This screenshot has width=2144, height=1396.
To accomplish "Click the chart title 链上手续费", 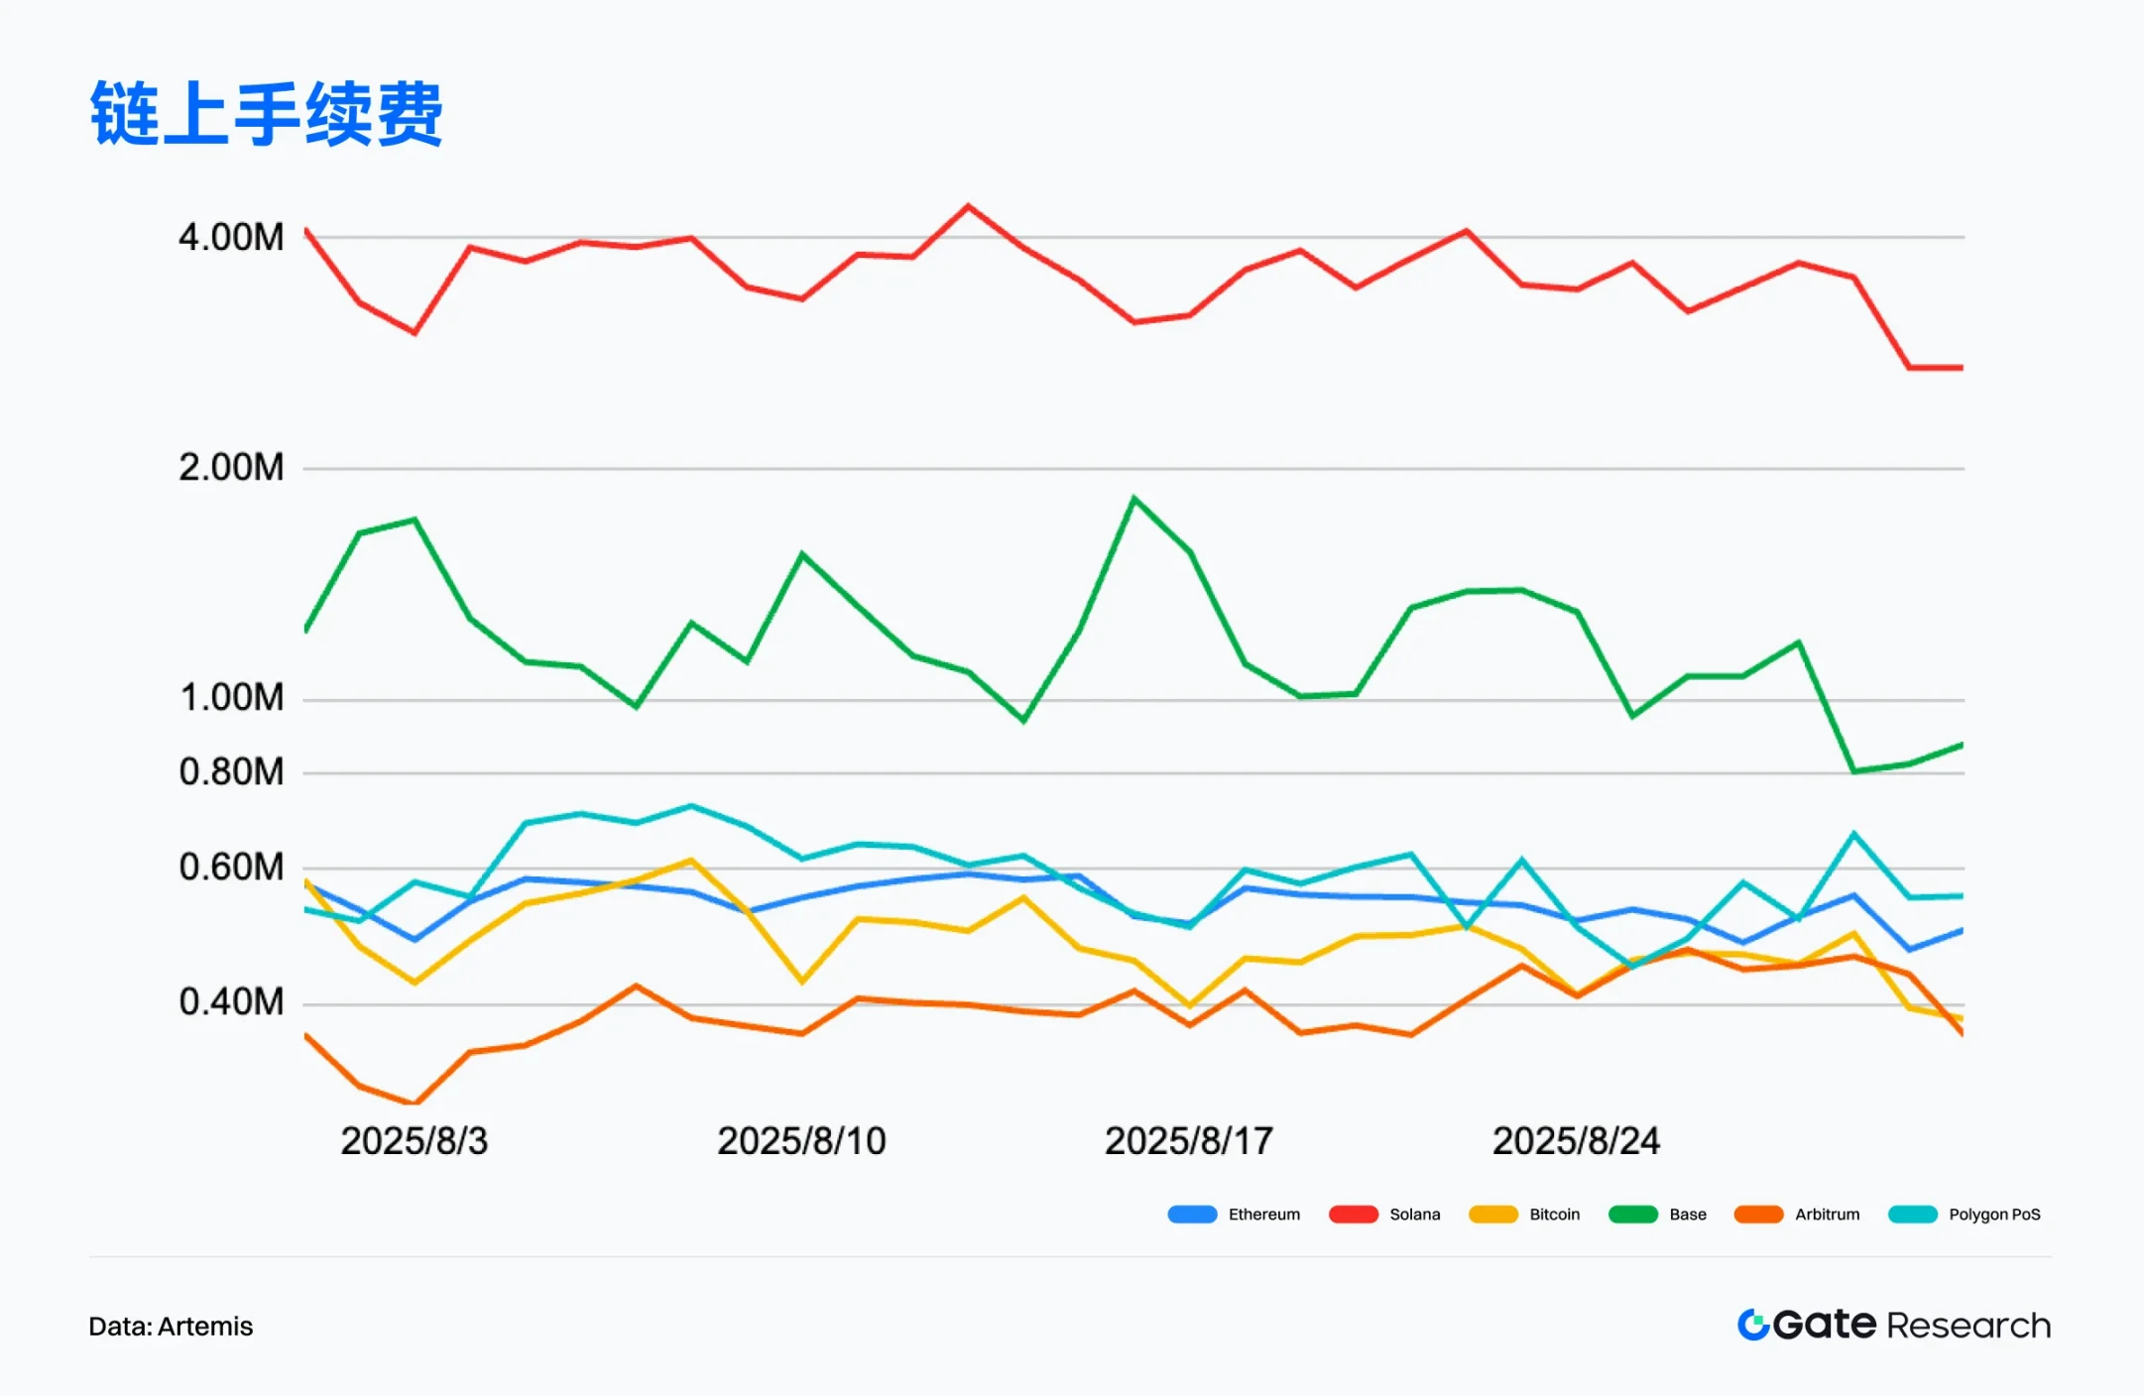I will [x=266, y=114].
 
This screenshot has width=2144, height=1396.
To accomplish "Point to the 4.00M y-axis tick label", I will [x=231, y=238].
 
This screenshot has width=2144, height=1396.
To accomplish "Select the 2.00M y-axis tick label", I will [x=231, y=467].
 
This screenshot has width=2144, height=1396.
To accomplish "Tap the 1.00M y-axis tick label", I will [x=231, y=698].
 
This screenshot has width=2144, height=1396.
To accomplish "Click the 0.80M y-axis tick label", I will [x=231, y=771].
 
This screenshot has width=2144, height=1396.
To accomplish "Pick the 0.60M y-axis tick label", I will [x=231, y=868].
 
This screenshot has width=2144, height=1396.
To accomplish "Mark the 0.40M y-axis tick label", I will [x=231, y=1002].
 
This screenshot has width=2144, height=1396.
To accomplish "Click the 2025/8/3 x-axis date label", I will [x=415, y=1141].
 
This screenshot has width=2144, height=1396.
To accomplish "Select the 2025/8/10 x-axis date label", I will [x=801, y=1141].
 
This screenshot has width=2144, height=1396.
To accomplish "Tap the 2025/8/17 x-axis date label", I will [x=1189, y=1141].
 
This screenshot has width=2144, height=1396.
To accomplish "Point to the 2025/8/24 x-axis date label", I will [x=1576, y=1141].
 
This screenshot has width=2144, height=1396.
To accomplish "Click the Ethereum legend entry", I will [x=1235, y=1215].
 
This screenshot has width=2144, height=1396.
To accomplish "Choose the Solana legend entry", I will [x=1385, y=1215].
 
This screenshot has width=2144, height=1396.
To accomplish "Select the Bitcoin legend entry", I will [x=1525, y=1215].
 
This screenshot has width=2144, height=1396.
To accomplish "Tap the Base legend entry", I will [x=1658, y=1215].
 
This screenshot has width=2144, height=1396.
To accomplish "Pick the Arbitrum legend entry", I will [x=1798, y=1215].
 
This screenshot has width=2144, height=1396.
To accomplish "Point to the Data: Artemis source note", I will [x=171, y=1327].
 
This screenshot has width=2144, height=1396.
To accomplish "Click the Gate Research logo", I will [x=1894, y=1326].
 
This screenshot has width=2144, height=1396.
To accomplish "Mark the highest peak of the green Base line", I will [x=1133, y=498].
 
